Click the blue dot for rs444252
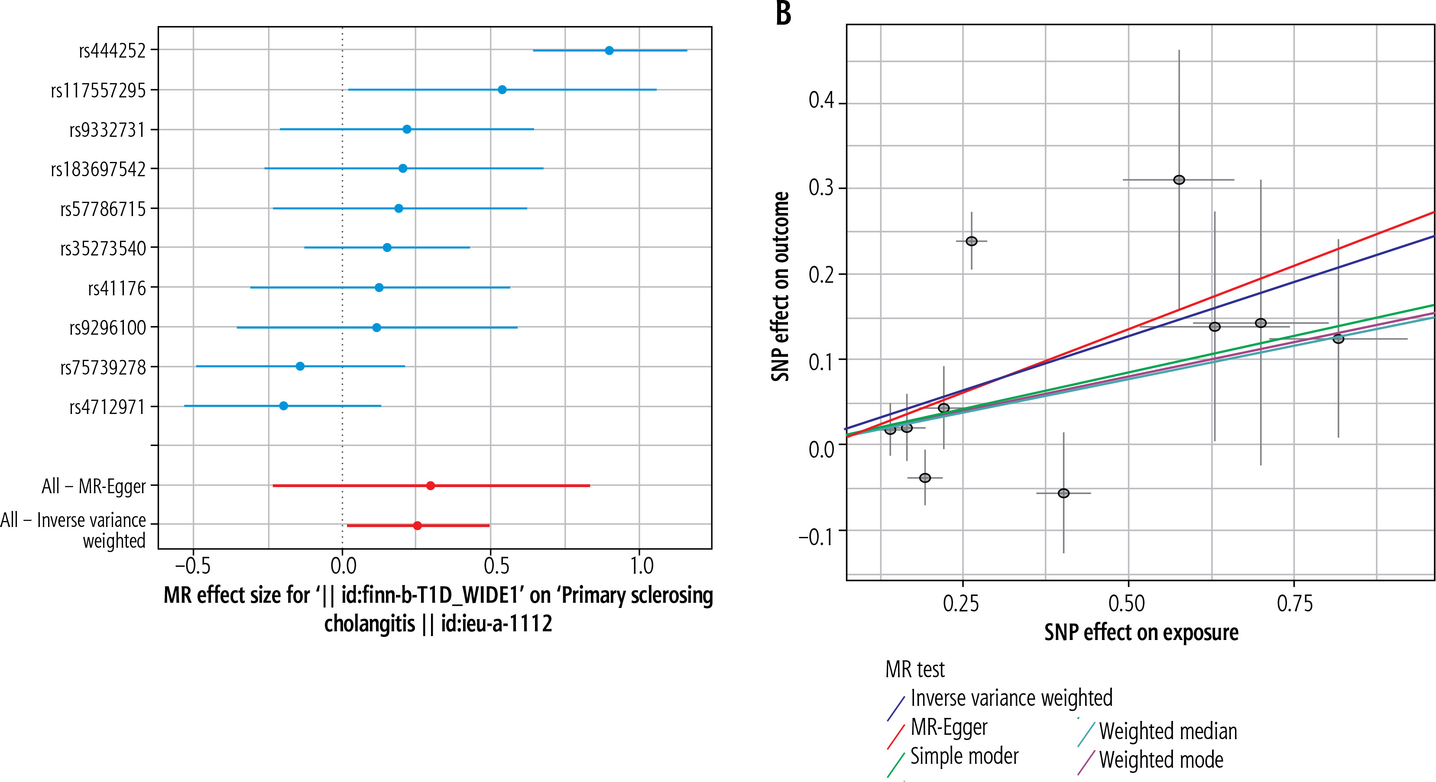pyautogui.click(x=609, y=51)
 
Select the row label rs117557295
pyautogui.click(x=98, y=90)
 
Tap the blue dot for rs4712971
pyautogui.click(x=284, y=406)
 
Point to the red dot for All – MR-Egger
pyautogui.click(x=430, y=485)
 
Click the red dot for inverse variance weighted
pyautogui.click(x=418, y=526)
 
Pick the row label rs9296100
pyautogui.click(x=107, y=328)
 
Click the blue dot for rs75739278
pyautogui.click(x=300, y=366)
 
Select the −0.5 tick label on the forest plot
pyautogui.click(x=193, y=566)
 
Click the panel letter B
pyautogui.click(x=783, y=13)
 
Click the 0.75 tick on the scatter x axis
pyautogui.click(x=1295, y=603)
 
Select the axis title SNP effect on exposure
pyautogui.click(x=1141, y=633)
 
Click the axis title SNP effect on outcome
pyautogui.click(x=781, y=287)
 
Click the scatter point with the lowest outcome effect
pyautogui.click(x=1063, y=493)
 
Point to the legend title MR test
pyautogui.click(x=915, y=669)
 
